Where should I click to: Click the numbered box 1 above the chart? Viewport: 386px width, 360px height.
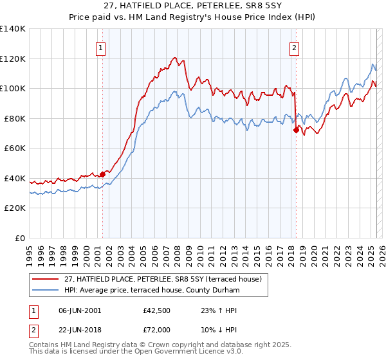pyautogui.click(x=102, y=47)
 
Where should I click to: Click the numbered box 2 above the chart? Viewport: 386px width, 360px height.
pyautogui.click(x=294, y=47)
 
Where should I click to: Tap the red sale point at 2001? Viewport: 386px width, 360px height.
pyautogui.click(x=102, y=174)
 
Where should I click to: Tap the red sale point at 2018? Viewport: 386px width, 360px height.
pyautogui.click(x=296, y=130)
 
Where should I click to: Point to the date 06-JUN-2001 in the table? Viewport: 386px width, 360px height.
pyautogui.click(x=80, y=310)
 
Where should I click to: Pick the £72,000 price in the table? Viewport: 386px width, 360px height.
pyautogui.click(x=156, y=329)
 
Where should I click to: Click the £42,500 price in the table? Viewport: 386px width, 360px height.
pyautogui.click(x=156, y=310)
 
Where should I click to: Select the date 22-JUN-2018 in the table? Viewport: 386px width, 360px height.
pyautogui.click(x=80, y=329)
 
